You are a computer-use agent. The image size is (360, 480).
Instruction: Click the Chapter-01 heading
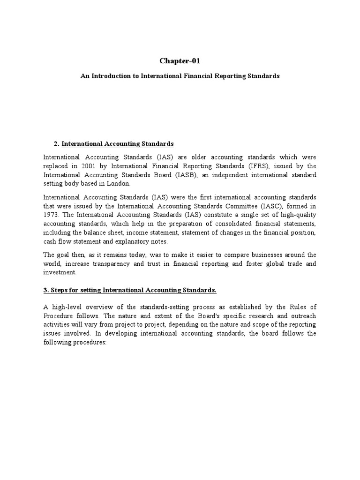pyautogui.click(x=180, y=61)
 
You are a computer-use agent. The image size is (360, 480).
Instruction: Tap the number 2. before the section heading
pyautogui.click(x=57, y=143)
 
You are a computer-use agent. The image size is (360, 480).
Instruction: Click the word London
pyautogui.click(x=121, y=183)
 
